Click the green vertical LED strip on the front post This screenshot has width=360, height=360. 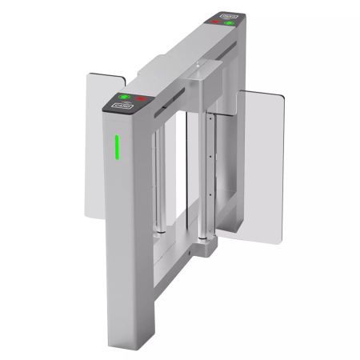tap(116, 146)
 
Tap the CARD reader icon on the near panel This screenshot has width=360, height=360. tap(122, 104)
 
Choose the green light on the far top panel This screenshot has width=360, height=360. tap(230, 22)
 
